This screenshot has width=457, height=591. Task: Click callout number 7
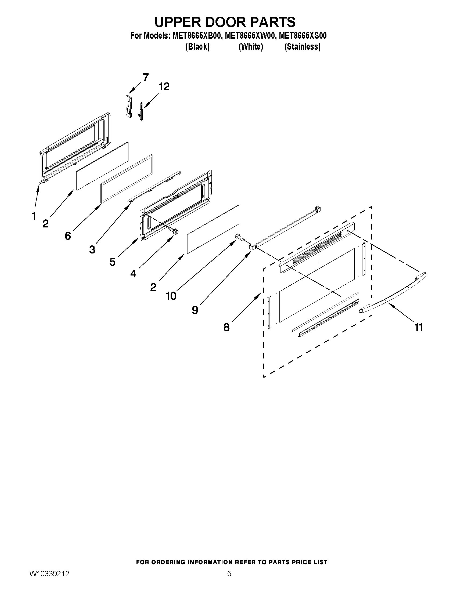click(146, 77)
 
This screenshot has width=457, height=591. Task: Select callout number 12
click(164, 86)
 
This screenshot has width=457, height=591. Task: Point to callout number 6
click(68, 236)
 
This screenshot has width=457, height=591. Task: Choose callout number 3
click(92, 249)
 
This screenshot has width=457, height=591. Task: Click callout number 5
click(112, 262)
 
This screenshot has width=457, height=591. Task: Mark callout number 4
click(133, 274)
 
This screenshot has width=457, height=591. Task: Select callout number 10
click(171, 296)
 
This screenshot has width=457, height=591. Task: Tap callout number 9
click(195, 310)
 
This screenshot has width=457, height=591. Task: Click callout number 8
click(226, 327)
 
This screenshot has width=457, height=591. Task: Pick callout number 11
click(419, 327)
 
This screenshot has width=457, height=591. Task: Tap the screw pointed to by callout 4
click(174, 231)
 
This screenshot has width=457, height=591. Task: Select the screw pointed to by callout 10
click(240, 237)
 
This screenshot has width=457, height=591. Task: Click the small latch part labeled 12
click(141, 111)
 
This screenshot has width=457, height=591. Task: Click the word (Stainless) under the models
click(303, 47)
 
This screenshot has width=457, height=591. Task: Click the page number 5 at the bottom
click(229, 581)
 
